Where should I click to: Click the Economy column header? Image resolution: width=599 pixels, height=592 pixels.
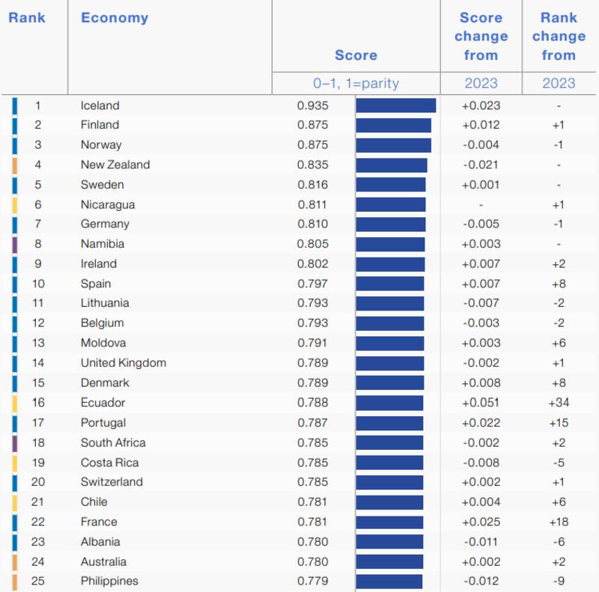pos(115,18)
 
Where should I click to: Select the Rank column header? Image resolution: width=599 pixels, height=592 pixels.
pos(27,18)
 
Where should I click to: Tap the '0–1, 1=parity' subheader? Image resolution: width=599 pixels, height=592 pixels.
pos(356,83)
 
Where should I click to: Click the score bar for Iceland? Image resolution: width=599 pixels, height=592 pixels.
pos(395,106)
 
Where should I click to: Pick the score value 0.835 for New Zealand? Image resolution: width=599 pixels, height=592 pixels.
pos(312,165)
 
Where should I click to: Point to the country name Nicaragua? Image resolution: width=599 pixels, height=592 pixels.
pos(108,204)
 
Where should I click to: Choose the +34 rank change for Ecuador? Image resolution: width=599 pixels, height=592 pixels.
pos(559,403)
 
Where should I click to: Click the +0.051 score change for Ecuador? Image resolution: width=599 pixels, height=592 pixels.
pos(481,403)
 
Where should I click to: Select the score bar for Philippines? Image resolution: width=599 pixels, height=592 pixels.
pos(389,582)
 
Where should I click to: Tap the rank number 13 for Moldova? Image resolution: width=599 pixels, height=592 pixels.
pos(38,343)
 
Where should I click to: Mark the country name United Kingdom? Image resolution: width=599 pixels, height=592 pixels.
pos(124,363)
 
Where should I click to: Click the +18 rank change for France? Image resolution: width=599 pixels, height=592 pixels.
pos(559,522)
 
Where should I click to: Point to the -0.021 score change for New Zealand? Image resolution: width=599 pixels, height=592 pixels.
pos(481,165)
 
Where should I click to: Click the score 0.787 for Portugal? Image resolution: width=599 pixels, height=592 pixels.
pos(312,423)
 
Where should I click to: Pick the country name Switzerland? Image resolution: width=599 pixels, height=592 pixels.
pos(112,482)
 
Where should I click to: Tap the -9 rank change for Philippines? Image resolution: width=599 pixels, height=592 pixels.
pos(559,582)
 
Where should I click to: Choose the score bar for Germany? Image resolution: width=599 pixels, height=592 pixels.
pos(390,224)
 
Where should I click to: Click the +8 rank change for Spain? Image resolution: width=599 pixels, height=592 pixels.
pos(559,284)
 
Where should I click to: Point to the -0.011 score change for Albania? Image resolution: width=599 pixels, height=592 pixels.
pos(481,542)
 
